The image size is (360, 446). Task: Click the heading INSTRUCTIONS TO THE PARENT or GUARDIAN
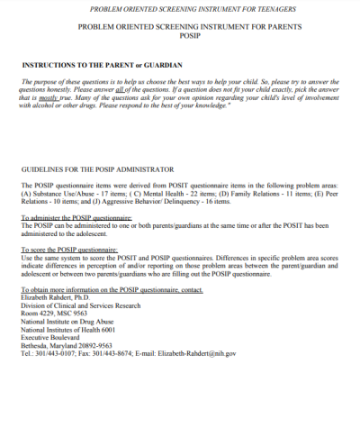pos(101,66)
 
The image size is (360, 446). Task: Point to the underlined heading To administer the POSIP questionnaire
pos(76,217)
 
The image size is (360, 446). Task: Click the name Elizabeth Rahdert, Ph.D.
pos(59,296)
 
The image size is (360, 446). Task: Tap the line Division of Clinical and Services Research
pos(81,305)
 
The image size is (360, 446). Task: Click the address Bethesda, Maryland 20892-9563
pos(66,345)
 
